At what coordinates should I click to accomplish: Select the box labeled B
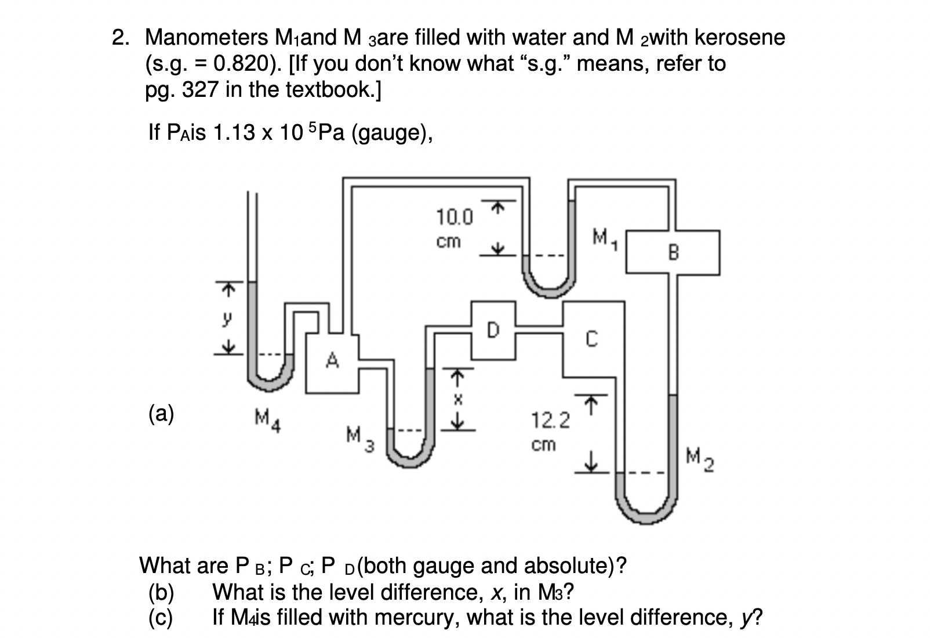673,252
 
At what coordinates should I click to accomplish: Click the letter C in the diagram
591,339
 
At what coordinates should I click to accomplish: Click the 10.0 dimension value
454,218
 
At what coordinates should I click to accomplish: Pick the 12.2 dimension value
550,420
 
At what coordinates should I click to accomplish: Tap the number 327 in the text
200,89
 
